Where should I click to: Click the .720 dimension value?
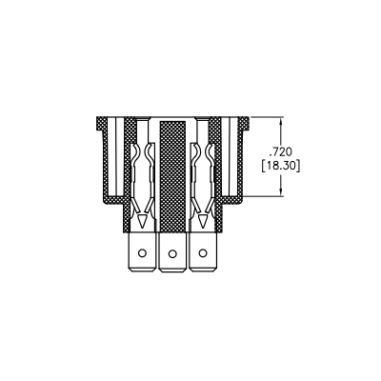[x=280, y=152]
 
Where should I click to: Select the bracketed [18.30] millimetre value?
[x=281, y=167]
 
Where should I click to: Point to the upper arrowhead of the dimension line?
[x=281, y=122]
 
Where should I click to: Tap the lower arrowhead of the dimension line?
[x=281, y=191]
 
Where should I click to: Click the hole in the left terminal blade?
[x=142, y=253]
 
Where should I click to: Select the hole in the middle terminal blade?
[x=172, y=253]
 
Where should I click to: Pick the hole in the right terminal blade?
[x=202, y=253]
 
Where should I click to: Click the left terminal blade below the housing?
[x=142, y=252]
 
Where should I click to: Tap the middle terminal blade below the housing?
[x=172, y=252]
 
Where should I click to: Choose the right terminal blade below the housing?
[x=203, y=252]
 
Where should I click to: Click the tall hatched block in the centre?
[x=172, y=177]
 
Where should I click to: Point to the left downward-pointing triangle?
[x=142, y=220]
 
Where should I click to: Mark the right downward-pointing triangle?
[x=202, y=220]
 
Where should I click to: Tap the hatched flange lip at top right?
[x=244, y=123]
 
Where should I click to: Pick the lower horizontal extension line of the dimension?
[x=263, y=196]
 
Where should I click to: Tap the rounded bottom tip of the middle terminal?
[x=172, y=271]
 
